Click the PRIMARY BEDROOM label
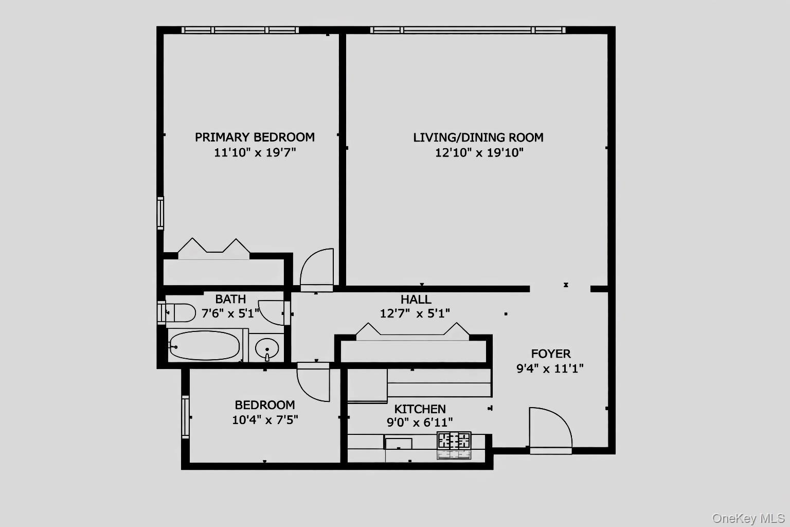pyautogui.click(x=255, y=137)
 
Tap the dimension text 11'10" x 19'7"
pyautogui.click(x=255, y=152)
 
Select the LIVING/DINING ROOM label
pyautogui.click(x=478, y=137)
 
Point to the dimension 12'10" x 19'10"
pyautogui.click(x=479, y=152)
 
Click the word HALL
pyautogui.click(x=416, y=300)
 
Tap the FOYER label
pyautogui.click(x=551, y=354)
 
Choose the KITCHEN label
pyautogui.click(x=420, y=409)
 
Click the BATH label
pyautogui.click(x=230, y=299)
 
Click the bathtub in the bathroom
pyautogui.click(x=204, y=345)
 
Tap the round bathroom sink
pyautogui.click(x=267, y=348)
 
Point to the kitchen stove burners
pyautogui.click(x=454, y=441)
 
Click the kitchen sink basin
pyautogui.click(x=399, y=443)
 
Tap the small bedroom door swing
pyautogui.click(x=313, y=382)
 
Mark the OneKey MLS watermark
pyautogui.click(x=748, y=518)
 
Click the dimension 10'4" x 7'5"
pyautogui.click(x=265, y=420)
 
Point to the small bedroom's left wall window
pyautogui.click(x=185, y=416)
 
